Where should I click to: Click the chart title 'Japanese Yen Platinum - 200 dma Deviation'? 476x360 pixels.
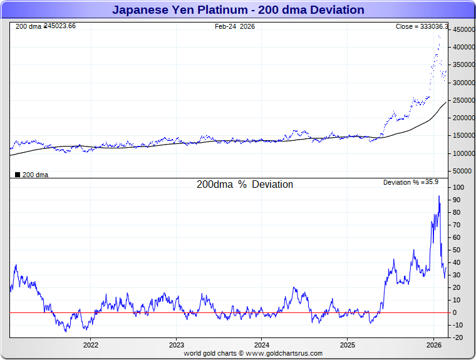pos(238,10)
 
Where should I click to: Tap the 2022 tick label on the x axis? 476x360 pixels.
pos(91,345)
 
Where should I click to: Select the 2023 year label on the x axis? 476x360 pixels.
pos(177,345)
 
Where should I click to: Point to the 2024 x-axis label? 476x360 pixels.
pos(262,345)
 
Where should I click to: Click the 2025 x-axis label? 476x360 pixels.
pos(348,345)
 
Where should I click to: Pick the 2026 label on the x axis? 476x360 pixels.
pos(434,345)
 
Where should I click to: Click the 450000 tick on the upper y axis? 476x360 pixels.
pos(463,29)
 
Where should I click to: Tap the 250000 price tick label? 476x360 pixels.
pos(463,100)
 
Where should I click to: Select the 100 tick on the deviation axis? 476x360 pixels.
pos(458,187)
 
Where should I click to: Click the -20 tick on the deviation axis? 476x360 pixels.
pos(458,337)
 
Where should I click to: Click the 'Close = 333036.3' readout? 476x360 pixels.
pos(422,27)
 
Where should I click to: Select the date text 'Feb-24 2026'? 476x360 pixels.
pos(235,27)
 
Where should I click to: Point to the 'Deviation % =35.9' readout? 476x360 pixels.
pos(410,182)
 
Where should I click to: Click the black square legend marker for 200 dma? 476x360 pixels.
pos(18,175)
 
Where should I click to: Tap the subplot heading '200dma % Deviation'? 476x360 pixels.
pos(245,185)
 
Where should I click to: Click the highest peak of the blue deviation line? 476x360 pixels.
pos(438,196)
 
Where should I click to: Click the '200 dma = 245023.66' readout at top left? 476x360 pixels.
pos(45,26)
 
